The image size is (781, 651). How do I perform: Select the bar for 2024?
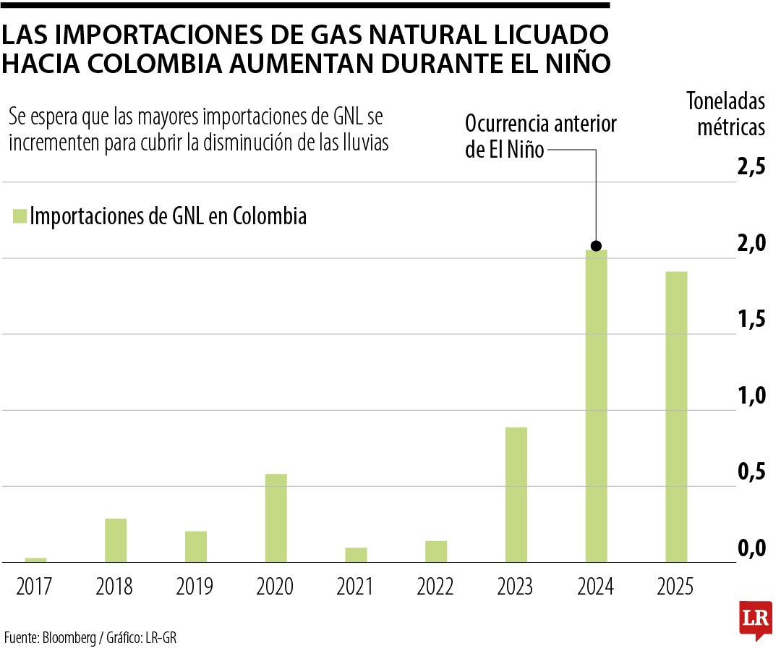click(x=596, y=405)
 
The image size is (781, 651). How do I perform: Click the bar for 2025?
click(x=676, y=417)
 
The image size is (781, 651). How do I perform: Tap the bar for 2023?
click(x=516, y=495)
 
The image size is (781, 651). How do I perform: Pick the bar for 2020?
click(x=276, y=518)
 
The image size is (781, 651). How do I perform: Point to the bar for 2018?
click(x=116, y=540)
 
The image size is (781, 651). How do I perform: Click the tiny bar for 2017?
click(x=35, y=560)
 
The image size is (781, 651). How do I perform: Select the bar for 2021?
click(x=356, y=555)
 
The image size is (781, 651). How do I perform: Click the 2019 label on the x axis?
click(x=195, y=586)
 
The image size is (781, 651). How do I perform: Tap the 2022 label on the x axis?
click(x=435, y=586)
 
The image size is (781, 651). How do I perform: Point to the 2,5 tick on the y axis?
click(x=751, y=167)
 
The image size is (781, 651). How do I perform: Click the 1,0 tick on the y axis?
click(x=751, y=396)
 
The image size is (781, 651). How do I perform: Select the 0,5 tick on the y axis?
click(x=751, y=472)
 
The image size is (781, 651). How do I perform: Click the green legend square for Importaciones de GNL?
click(x=20, y=216)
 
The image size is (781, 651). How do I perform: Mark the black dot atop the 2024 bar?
click(x=596, y=246)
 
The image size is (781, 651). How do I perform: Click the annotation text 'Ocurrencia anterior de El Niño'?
click(x=539, y=137)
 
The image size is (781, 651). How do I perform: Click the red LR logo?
click(x=755, y=620)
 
